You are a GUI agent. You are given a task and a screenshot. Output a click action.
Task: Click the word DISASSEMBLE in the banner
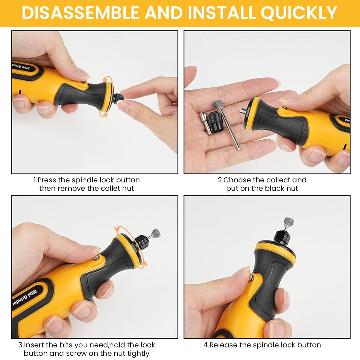pyautogui.click(x=80, y=13)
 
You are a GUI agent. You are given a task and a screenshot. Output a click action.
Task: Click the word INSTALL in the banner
pyautogui.click(x=222, y=13)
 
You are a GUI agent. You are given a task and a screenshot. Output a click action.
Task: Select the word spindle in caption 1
pyautogui.click(x=84, y=180)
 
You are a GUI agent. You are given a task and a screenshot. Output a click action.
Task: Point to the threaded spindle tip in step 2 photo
pyautogui.click(x=243, y=111)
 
